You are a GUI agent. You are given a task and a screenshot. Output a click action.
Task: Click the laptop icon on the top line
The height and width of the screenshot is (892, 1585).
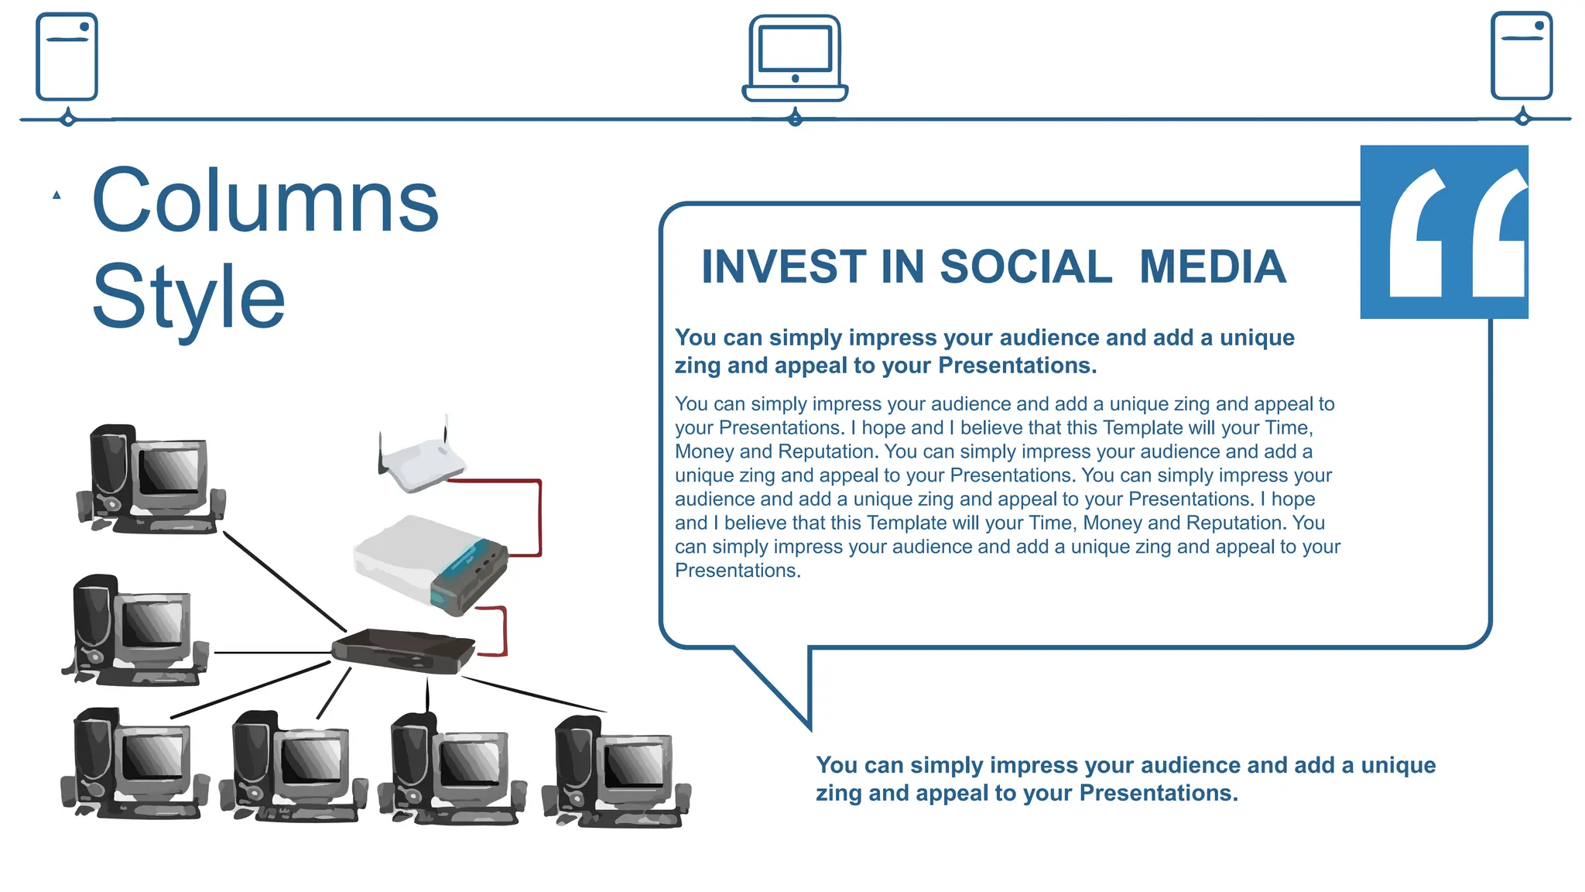[795, 58]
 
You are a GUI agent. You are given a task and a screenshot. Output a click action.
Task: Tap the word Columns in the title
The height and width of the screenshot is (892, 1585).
[265, 201]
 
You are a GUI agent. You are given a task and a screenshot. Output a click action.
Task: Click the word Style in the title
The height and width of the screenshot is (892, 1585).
[188, 297]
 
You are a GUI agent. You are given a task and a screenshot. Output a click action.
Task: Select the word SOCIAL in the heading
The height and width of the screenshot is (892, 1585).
[1025, 267]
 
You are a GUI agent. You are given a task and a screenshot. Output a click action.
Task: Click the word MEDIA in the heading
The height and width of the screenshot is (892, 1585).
[1212, 267]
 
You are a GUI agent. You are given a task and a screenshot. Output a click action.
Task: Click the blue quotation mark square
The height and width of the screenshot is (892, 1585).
[1443, 232]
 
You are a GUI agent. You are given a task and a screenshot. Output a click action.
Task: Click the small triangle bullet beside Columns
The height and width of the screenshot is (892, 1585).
[56, 195]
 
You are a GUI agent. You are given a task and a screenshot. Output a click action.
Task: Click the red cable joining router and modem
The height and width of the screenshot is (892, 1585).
[539, 515]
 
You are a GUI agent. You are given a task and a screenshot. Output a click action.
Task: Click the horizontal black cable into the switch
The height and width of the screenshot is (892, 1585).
[271, 653]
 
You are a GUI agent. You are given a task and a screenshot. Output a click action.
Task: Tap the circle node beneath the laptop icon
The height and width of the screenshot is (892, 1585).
[795, 119]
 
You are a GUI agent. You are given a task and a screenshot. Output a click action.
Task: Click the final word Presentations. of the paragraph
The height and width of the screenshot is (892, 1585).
[738, 571]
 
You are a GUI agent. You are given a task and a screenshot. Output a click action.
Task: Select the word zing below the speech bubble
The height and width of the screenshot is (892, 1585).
[839, 794]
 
